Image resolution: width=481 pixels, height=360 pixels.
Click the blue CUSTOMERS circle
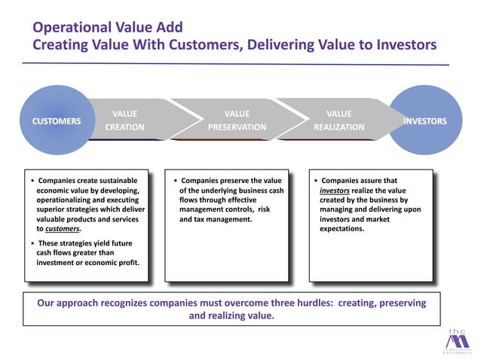point(56,121)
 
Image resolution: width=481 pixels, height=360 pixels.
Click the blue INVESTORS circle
point(424,121)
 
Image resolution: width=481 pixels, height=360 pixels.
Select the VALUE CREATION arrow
point(128,121)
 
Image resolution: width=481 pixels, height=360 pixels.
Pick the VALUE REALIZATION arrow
point(339,121)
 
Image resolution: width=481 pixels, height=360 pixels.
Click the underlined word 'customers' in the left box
point(62,229)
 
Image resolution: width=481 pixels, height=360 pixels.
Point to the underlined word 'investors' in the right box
point(334,191)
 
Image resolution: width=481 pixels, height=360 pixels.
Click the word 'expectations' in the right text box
point(342,229)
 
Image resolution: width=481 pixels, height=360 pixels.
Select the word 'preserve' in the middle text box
point(241,181)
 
